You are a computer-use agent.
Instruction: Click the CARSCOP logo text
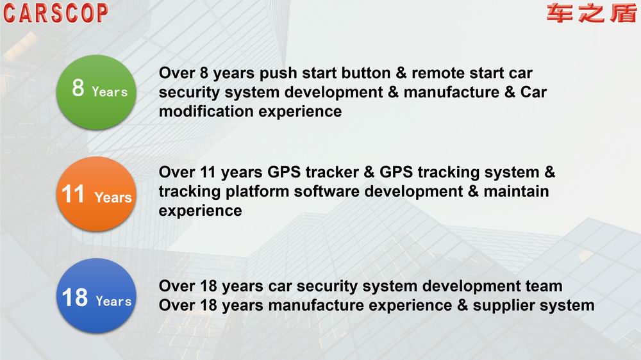(x=56, y=13)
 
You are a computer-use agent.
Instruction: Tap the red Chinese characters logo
(x=591, y=13)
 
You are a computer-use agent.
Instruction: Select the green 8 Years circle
(x=96, y=92)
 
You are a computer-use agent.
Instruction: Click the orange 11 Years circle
(x=96, y=193)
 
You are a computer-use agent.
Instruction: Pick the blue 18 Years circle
(x=96, y=295)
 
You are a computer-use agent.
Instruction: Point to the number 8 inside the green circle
(x=78, y=88)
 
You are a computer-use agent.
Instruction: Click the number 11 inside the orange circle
(x=73, y=193)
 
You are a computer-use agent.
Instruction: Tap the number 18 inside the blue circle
(x=75, y=297)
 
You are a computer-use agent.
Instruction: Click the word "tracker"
(x=332, y=172)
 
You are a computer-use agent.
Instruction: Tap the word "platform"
(x=257, y=192)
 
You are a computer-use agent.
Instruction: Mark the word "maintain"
(x=516, y=192)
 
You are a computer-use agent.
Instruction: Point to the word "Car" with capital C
(x=533, y=92)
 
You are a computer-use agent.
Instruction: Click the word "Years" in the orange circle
(x=113, y=197)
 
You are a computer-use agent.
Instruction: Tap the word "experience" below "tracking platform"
(x=200, y=211)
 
